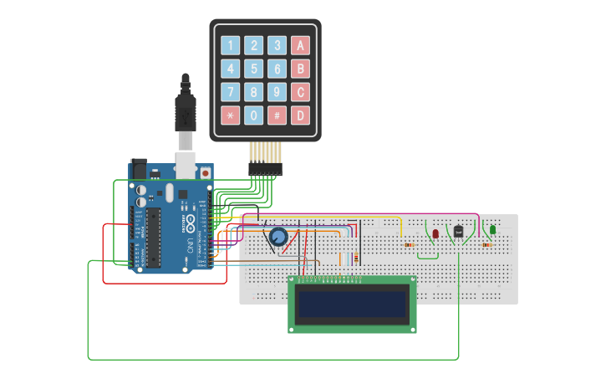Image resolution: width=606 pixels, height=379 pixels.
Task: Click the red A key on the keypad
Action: point(300,45)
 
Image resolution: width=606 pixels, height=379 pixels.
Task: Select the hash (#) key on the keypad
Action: point(277,115)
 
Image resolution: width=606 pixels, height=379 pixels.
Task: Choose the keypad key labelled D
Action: point(300,115)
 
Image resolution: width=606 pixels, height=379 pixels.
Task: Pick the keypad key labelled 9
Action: point(277,91)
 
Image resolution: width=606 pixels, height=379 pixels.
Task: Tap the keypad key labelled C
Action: point(300,91)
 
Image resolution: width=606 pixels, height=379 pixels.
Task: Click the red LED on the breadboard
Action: point(435,233)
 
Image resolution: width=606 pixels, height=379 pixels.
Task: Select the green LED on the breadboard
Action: point(492,229)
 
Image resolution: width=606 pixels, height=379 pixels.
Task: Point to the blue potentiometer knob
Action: point(278,238)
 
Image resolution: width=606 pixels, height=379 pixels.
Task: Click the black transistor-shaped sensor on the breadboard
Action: point(458,231)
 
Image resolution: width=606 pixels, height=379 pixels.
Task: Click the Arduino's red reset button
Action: point(205,173)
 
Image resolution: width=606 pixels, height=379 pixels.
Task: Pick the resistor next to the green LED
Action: point(487,245)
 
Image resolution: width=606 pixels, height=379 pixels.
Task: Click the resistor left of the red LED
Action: point(409,245)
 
